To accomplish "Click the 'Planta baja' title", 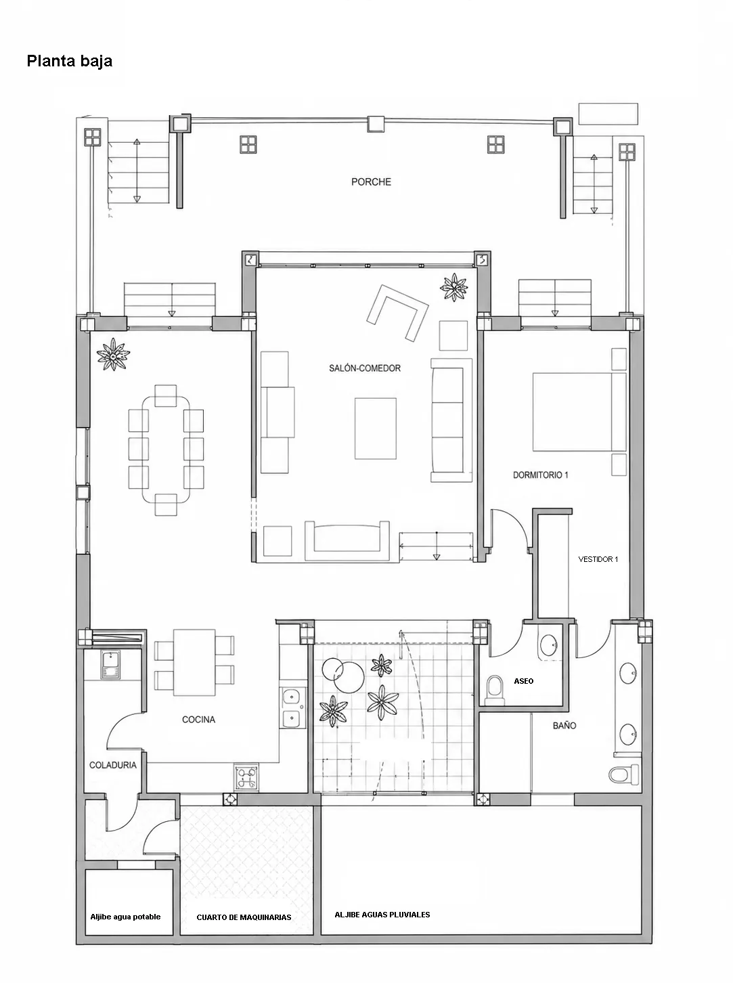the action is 70,61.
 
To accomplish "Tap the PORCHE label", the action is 371,182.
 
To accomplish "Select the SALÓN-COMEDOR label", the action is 365,368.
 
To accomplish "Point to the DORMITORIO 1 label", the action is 541,475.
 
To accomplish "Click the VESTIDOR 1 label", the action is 598,559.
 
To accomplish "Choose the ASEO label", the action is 523,681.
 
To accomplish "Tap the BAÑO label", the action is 564,726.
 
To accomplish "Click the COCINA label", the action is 198,720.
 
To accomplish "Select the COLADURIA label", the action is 113,765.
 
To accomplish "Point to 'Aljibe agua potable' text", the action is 125,917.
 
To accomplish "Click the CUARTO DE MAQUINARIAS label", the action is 244,917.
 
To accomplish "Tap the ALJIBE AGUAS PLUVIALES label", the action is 382,915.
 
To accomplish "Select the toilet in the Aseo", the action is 495,690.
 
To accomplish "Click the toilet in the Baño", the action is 624,774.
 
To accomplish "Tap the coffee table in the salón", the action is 375,429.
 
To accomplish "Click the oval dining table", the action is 166,450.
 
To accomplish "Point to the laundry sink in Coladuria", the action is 110,665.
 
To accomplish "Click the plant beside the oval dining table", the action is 113,354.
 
